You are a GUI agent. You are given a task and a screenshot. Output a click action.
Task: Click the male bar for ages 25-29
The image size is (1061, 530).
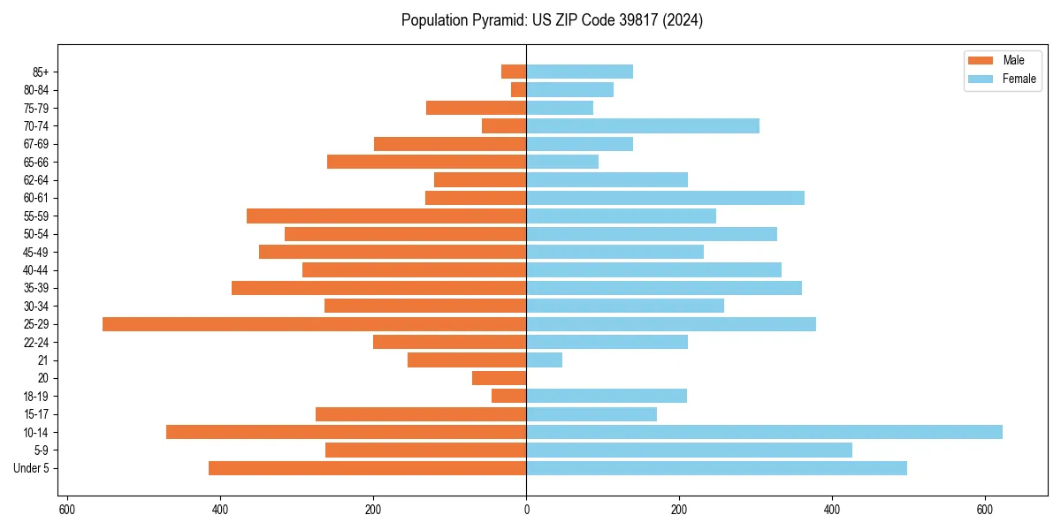tap(314, 324)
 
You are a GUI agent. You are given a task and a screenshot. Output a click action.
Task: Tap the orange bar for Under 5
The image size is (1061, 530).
tap(367, 468)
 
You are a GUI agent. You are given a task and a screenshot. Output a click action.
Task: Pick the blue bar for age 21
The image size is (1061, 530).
tap(544, 360)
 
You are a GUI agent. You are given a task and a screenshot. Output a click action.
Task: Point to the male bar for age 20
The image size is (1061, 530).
tap(499, 378)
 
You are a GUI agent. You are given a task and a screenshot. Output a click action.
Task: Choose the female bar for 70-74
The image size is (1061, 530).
tap(642, 126)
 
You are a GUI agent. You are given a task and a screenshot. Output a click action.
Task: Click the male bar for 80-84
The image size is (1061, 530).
tap(518, 90)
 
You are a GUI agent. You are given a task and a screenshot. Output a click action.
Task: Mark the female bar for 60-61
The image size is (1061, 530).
tap(665, 198)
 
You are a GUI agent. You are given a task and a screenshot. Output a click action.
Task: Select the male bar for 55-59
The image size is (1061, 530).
tap(386, 216)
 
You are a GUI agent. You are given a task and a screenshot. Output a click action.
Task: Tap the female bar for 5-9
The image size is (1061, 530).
tap(689, 450)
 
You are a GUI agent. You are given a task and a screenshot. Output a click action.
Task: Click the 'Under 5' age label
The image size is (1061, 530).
tap(32, 468)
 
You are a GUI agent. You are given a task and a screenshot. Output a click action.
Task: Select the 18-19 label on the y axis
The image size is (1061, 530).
tap(36, 397)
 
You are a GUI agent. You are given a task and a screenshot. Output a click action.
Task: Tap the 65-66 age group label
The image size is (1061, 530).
tap(36, 163)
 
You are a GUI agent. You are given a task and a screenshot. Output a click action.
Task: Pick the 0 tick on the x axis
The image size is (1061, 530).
tap(526, 510)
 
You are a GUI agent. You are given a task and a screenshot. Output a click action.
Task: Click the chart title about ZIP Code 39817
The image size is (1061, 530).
tap(552, 20)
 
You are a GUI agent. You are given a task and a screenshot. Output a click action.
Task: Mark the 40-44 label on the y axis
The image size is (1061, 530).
tap(36, 270)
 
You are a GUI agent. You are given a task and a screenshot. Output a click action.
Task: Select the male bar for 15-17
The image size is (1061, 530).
tap(421, 414)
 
